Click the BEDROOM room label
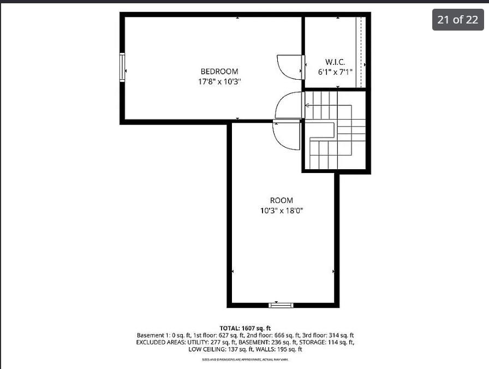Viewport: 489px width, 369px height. point(219,71)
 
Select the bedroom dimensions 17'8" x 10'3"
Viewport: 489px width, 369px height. point(219,81)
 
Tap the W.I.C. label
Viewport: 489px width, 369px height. point(335,62)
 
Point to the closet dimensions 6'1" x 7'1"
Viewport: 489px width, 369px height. point(335,72)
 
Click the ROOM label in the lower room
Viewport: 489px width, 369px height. point(282,200)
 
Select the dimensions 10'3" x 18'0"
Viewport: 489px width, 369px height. point(282,211)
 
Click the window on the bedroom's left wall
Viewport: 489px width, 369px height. point(122,67)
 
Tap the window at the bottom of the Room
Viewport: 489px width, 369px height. point(281,305)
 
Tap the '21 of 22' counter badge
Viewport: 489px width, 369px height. point(457,20)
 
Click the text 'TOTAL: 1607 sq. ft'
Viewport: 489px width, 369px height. point(245,328)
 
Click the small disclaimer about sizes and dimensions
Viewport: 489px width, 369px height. point(245,359)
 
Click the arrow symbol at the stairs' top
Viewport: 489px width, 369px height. point(308,105)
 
